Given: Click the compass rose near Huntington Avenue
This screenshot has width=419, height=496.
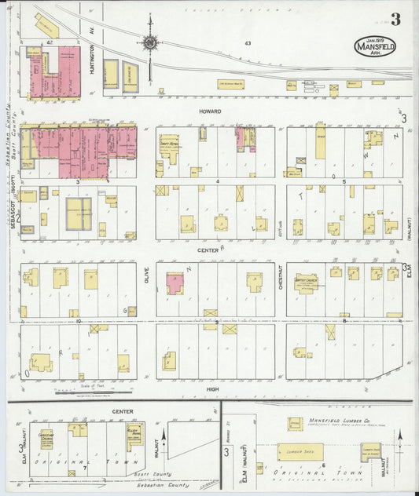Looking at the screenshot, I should click(149, 42).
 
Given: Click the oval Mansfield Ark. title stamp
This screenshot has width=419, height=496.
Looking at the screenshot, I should click(375, 45).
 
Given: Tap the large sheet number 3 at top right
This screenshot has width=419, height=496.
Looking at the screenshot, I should click(395, 20).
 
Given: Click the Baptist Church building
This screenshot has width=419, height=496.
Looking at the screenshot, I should click(306, 282).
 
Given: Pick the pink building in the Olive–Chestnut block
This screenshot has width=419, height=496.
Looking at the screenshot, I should click(175, 283).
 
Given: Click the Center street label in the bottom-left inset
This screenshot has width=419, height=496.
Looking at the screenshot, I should click(122, 411).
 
